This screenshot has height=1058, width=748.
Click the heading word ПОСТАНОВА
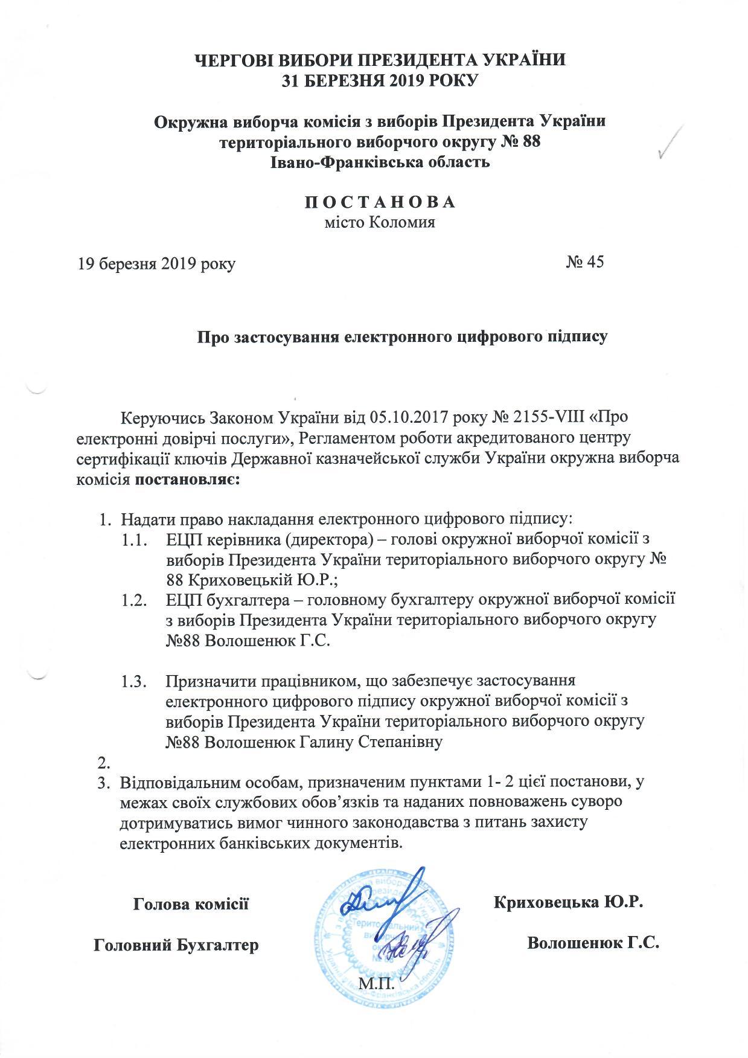(x=380, y=202)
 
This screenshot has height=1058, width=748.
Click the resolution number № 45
(x=584, y=262)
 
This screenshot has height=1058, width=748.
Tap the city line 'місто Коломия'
(x=380, y=222)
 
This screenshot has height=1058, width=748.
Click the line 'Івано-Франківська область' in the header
(x=380, y=162)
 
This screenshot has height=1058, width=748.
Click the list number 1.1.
(x=134, y=539)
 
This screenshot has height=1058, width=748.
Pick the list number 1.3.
(x=134, y=681)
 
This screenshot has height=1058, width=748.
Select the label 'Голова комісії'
(x=191, y=904)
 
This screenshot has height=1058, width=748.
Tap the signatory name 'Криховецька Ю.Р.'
(x=569, y=903)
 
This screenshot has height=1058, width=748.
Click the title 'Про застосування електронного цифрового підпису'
(x=403, y=336)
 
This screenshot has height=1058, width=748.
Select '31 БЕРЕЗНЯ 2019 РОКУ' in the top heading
(x=380, y=80)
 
